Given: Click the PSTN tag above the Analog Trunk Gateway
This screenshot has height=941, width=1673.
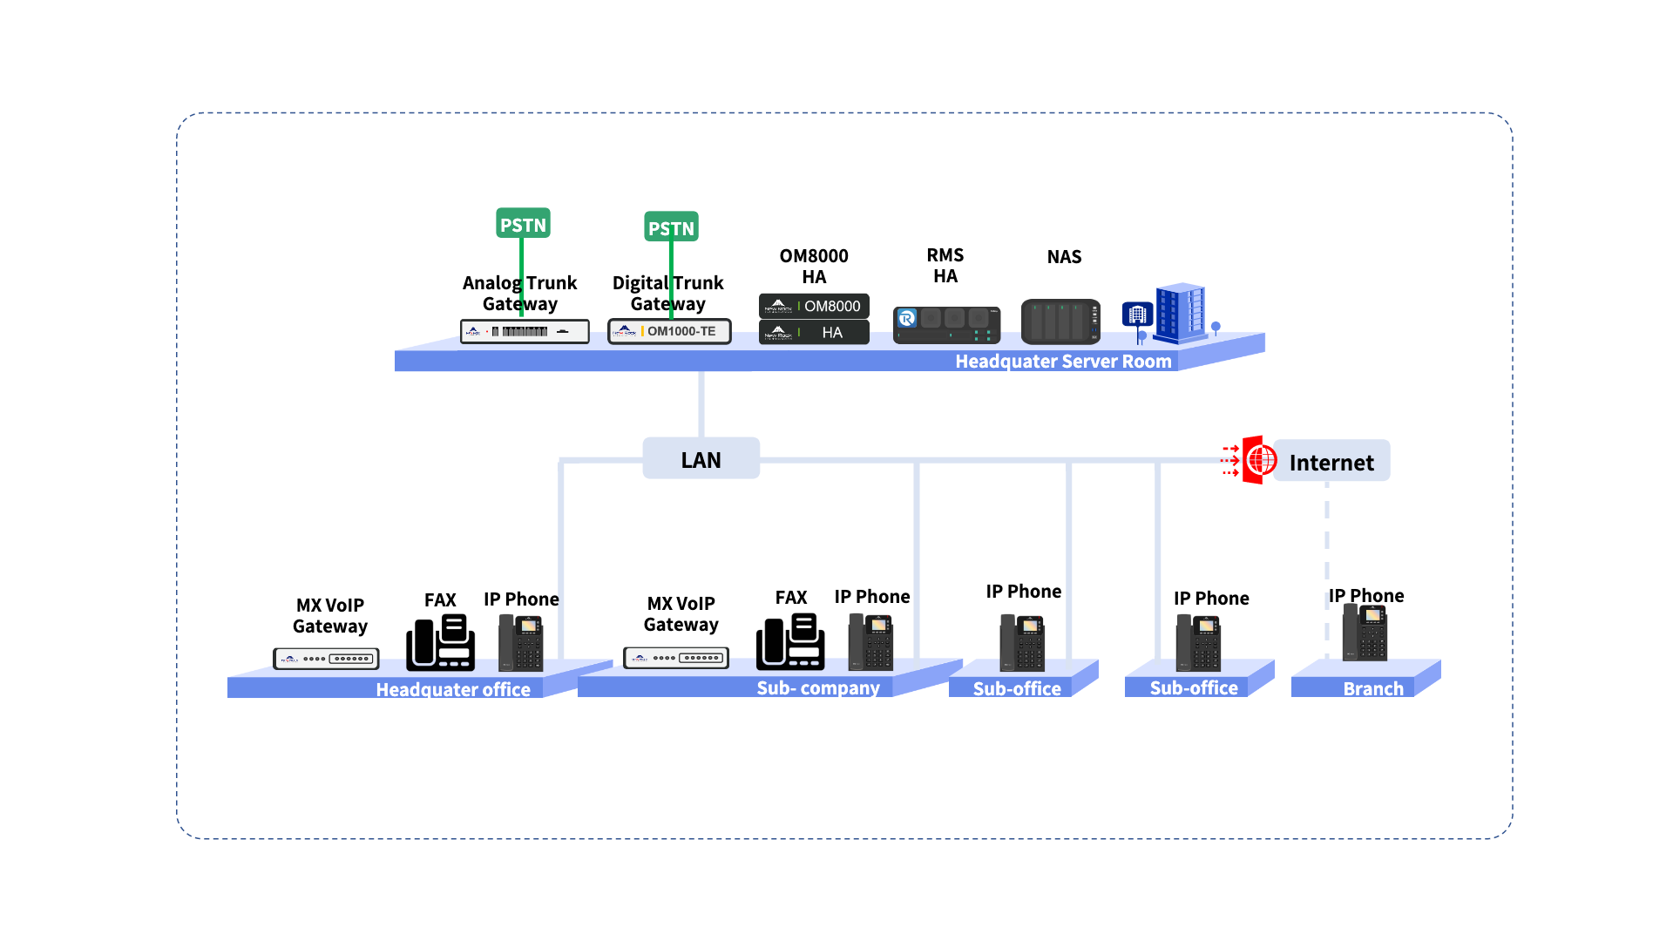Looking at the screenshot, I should click(x=523, y=224).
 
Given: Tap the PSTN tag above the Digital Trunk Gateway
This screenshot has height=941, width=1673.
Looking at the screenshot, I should click(x=671, y=227).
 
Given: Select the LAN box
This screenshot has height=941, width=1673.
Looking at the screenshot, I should click(x=701, y=459).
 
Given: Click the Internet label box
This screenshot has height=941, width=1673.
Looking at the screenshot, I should click(x=1331, y=462).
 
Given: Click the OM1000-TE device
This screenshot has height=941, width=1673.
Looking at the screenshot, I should click(x=669, y=331).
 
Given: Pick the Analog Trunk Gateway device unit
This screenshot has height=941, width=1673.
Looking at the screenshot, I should click(x=525, y=331).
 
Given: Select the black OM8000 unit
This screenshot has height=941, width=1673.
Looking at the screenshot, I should click(x=814, y=306).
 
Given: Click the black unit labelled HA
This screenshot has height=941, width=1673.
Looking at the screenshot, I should click(x=814, y=332).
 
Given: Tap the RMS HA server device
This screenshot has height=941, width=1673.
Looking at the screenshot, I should click(x=946, y=324).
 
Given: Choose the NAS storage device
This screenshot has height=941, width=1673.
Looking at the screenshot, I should click(x=1060, y=322).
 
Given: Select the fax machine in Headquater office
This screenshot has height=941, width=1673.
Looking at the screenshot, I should click(x=441, y=643).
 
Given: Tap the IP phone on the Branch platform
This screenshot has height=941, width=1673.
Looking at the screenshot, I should click(x=1365, y=633).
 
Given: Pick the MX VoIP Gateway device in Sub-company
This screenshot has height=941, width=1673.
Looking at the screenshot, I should click(x=676, y=658).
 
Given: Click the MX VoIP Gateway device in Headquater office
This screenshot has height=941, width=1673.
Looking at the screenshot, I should click(x=326, y=659).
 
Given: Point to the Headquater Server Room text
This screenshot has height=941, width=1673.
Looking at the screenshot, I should click(x=1063, y=362).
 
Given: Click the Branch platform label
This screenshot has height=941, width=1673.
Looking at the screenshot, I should click(x=1373, y=689).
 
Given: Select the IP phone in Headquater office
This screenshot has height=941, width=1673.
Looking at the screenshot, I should click(x=521, y=643).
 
